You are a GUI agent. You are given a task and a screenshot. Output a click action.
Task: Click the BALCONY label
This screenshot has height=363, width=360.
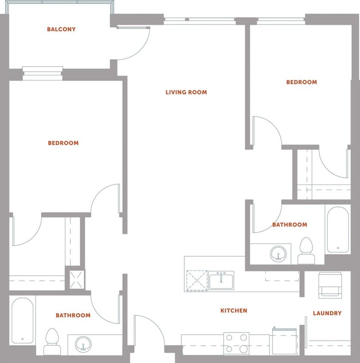point(61,29)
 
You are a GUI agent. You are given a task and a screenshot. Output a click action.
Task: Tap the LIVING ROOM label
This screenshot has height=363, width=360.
point(186,92)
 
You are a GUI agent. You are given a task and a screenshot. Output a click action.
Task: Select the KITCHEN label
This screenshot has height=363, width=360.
point(234,311)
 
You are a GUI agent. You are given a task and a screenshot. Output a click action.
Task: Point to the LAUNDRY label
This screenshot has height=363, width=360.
point(327,313)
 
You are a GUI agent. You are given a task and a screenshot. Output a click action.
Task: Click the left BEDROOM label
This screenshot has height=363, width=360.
point(63,143)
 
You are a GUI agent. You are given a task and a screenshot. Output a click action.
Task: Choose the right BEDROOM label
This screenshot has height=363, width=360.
point(301,82)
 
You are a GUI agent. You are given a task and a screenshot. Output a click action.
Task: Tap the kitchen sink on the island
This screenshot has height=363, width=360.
point(221,280)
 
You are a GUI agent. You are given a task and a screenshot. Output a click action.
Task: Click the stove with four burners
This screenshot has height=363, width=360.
point(236,343)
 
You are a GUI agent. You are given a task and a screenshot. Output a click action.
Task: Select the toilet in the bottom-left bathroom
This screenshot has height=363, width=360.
point(52,341)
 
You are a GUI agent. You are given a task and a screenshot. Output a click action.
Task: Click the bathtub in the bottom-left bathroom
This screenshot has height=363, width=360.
point(22,320)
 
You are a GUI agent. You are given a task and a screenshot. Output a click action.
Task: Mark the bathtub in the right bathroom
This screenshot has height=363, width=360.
point(338,230)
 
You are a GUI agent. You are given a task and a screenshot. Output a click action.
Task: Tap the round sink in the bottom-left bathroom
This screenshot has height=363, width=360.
point(83,344)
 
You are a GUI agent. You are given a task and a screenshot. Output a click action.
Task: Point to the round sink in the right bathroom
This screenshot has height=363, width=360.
point(278,254)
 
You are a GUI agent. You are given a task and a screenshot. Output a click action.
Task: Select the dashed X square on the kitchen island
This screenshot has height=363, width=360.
point(197,280)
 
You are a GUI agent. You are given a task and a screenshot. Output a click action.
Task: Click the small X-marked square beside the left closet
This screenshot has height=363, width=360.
point(74,278)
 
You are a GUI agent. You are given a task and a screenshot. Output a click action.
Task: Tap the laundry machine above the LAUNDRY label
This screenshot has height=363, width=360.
point(330,284)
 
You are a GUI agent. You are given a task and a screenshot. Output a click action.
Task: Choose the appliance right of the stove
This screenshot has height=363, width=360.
point(284,341)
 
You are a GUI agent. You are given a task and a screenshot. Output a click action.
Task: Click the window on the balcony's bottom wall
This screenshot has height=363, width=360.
point(43,73)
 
